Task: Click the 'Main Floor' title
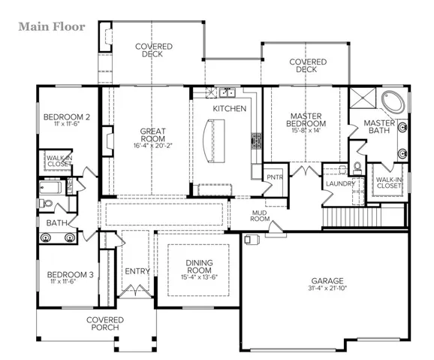click(52, 27)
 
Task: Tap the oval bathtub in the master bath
click(393, 102)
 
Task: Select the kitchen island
click(214, 141)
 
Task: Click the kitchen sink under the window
click(228, 92)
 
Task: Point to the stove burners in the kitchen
click(256, 141)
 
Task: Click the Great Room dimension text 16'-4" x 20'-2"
click(152, 146)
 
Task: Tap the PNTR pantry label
click(275, 177)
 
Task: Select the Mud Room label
click(260, 216)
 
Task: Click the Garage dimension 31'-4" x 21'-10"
click(327, 288)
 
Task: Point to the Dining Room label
click(199, 266)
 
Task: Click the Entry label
click(137, 271)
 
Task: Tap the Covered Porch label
click(105, 324)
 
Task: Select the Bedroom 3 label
click(71, 274)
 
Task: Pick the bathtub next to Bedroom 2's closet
click(50, 187)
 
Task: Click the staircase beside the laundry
click(352, 217)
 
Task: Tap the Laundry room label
click(340, 183)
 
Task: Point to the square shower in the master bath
click(363, 98)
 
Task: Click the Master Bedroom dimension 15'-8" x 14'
click(306, 130)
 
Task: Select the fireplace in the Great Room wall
click(107, 141)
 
